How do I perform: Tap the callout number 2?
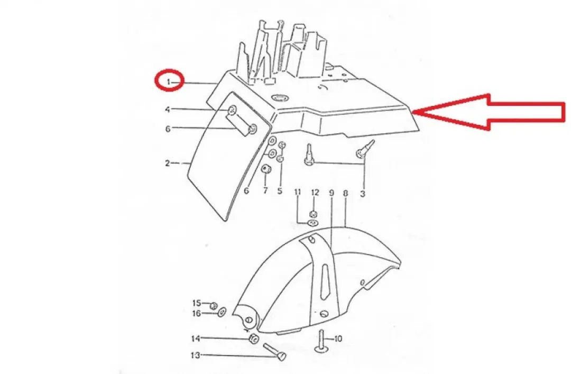[168, 163]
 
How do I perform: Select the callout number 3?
[362, 194]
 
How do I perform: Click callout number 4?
[168, 110]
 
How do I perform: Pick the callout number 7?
[265, 190]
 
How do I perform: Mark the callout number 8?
[345, 193]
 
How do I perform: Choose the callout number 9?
[331, 193]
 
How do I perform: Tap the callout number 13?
[196, 355]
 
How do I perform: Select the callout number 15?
[197, 303]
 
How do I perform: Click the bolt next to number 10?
[321, 341]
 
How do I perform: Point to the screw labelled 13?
[274, 351]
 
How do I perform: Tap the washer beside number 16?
[222, 312]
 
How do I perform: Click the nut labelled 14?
[253, 339]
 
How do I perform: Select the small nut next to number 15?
[214, 305]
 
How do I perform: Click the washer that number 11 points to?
[312, 223]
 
